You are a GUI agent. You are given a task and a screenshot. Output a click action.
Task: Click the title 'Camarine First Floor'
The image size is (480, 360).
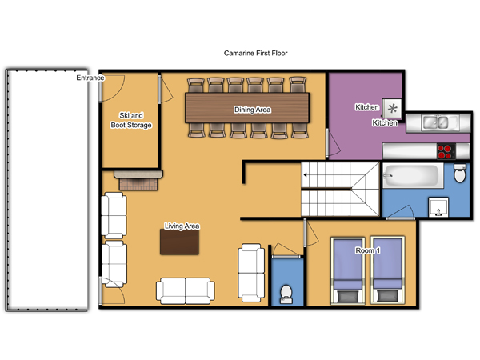[256, 54]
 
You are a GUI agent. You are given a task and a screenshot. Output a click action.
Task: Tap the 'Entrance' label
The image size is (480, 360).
[90, 78]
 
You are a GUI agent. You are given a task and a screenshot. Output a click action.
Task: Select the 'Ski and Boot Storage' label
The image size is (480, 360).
[131, 120]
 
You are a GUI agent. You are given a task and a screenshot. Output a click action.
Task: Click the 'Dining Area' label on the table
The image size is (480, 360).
[252, 110]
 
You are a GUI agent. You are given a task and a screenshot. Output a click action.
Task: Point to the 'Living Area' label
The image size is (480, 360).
[182, 226]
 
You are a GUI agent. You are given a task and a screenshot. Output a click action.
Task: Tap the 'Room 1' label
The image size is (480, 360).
[368, 250]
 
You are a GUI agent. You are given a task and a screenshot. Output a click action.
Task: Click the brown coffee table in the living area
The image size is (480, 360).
[179, 242]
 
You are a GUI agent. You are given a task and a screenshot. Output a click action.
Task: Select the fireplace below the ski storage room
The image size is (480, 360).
[138, 180]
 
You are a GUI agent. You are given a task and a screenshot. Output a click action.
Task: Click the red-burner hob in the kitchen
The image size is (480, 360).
[446, 151]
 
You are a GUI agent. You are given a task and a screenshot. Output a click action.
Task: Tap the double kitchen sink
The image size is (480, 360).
[436, 122]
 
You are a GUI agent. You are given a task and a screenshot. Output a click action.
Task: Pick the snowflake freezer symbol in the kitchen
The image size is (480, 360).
[392, 108]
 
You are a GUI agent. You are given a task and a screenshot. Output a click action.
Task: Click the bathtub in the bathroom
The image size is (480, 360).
[413, 176]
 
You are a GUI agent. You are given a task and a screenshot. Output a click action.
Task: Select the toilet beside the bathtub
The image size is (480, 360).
[459, 174]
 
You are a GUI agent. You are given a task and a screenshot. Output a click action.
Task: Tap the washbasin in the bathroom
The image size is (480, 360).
[438, 207]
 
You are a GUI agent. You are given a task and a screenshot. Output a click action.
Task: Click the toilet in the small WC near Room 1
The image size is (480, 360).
[286, 294]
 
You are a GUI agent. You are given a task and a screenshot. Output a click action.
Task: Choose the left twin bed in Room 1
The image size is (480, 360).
[348, 270]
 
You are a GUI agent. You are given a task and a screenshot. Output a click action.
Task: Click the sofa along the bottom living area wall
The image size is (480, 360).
[186, 291]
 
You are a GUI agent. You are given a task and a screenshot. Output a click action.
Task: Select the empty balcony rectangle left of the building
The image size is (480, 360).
[47, 190]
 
